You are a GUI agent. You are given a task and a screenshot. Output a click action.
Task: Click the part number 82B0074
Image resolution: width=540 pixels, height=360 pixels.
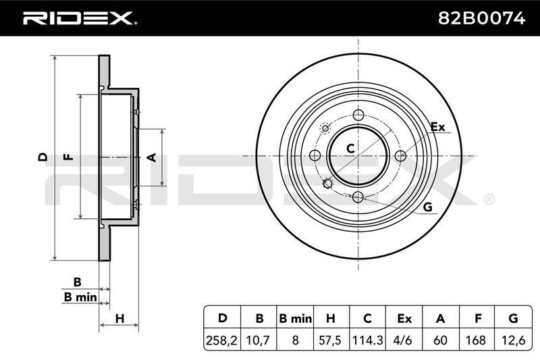pyautogui.click(x=481, y=18)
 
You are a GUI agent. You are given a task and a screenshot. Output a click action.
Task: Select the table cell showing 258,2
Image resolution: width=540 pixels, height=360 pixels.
pyautogui.click(x=222, y=340)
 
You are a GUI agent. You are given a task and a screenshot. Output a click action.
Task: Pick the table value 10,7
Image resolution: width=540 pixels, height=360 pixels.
pyautogui.click(x=259, y=340)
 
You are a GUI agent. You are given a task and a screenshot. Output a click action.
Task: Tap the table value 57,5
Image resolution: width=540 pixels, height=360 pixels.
pyautogui.click(x=329, y=340)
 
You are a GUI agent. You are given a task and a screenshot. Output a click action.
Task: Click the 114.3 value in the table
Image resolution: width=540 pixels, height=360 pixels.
pyautogui.click(x=367, y=340)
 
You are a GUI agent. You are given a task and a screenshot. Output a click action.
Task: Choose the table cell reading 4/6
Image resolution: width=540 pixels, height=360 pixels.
pyautogui.click(x=404, y=340)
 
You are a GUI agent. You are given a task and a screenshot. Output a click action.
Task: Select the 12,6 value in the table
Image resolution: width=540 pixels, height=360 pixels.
pyautogui.click(x=513, y=340)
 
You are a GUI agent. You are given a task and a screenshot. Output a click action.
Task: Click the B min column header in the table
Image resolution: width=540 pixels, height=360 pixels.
pyautogui.click(x=295, y=319)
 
